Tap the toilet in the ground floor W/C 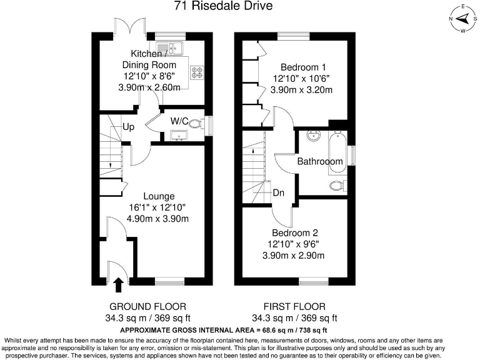pos(198,124)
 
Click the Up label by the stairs pos(129,127)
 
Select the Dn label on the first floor pos(279,193)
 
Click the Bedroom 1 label pos(302,67)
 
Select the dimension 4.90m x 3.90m pos(157,219)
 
